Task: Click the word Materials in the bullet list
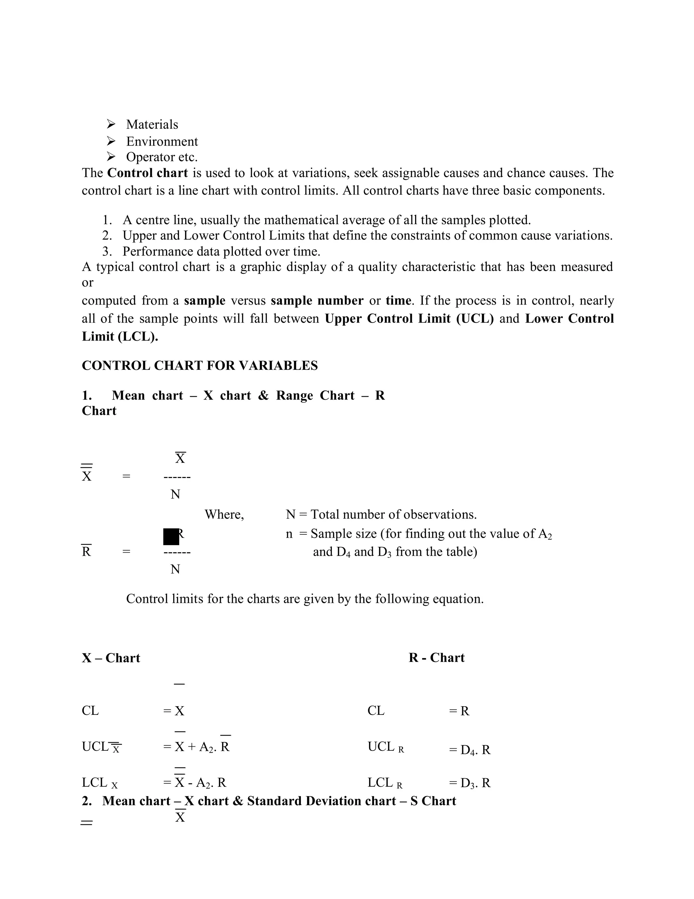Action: tap(152, 124)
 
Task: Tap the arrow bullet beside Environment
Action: tap(111, 141)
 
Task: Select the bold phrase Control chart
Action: tap(147, 173)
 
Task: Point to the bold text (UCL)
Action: tap(475, 319)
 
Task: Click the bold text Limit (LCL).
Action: tap(120, 337)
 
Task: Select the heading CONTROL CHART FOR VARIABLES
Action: tap(200, 365)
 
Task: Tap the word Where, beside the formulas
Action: tap(224, 515)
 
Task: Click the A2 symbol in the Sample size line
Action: tap(545, 534)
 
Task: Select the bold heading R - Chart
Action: tap(436, 658)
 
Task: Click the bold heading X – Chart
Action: tap(111, 658)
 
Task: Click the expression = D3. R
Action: tap(470, 783)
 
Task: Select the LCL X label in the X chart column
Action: tap(100, 783)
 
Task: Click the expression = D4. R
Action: tap(470, 750)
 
